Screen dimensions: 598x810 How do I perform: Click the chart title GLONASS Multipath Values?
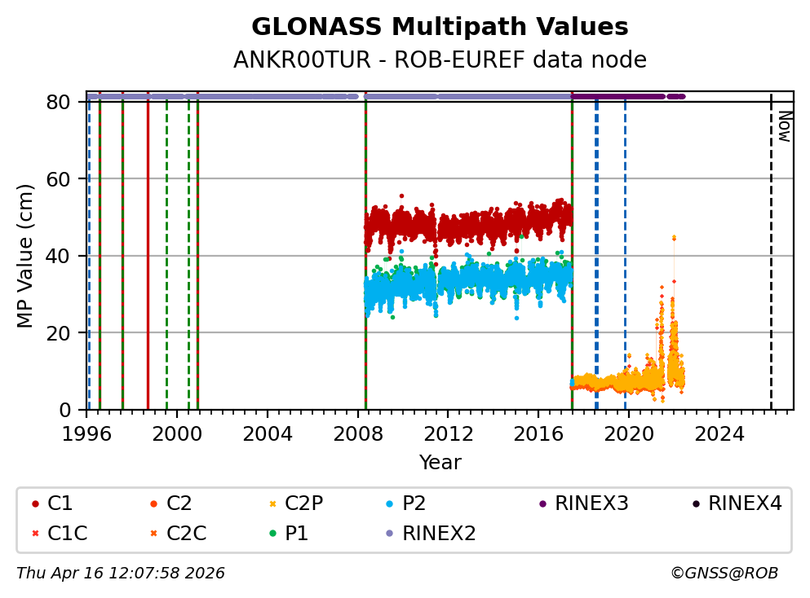[x=440, y=27]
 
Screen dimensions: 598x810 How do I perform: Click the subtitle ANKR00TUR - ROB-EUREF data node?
[x=440, y=60]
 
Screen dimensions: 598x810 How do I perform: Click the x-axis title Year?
[x=440, y=463]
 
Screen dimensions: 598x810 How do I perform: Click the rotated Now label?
[x=783, y=126]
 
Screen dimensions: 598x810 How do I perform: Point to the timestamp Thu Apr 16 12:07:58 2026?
[x=121, y=574]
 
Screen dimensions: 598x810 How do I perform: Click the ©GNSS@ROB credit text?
[x=724, y=574]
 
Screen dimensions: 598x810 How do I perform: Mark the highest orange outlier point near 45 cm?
[x=674, y=238]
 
